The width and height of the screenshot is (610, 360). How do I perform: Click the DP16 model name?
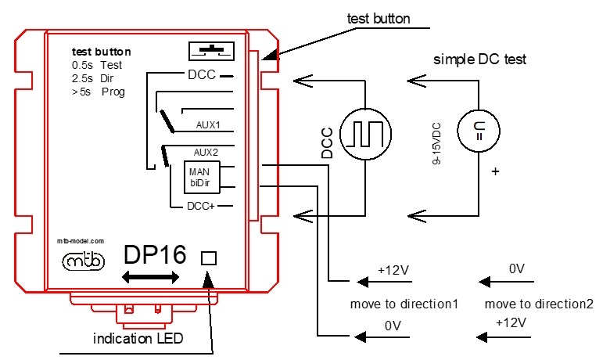(155, 255)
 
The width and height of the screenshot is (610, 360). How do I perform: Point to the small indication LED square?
(209, 258)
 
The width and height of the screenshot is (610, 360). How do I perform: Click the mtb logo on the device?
(82, 262)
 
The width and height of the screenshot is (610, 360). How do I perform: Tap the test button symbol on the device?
(211, 51)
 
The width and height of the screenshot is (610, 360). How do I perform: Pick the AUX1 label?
(208, 124)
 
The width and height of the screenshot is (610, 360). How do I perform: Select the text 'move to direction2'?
(538, 303)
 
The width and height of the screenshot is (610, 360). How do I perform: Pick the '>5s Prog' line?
(98, 92)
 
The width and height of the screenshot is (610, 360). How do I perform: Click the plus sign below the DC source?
(494, 170)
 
